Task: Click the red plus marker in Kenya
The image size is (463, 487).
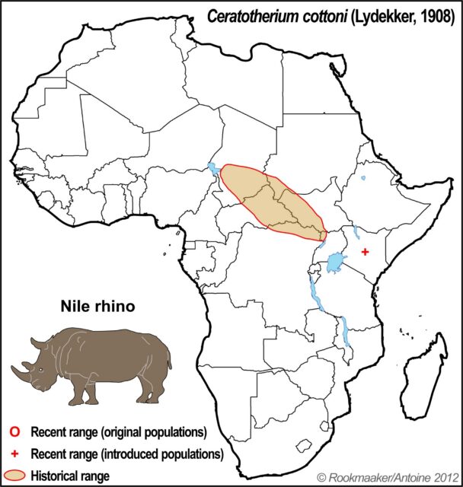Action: pos(366,253)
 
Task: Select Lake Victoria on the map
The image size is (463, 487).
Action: pos(335,263)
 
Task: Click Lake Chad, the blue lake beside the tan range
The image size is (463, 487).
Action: pos(213,168)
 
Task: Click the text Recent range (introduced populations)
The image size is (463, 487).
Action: pos(126,454)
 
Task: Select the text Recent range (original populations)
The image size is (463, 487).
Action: pos(119,431)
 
